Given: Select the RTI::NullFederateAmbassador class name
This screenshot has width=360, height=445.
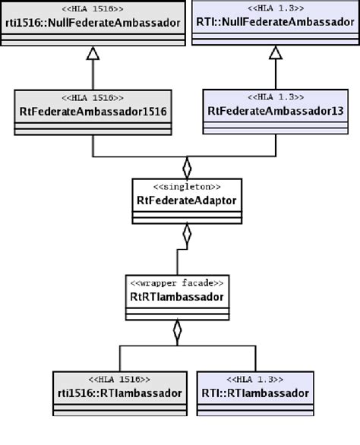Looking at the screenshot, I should (275, 23).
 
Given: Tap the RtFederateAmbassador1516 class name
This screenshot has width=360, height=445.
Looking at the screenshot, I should (92, 111).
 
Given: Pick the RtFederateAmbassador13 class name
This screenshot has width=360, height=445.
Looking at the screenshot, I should (275, 111).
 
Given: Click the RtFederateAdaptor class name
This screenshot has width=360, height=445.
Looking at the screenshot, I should (187, 201).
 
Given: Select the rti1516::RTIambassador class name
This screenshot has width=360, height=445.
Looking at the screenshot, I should (118, 393).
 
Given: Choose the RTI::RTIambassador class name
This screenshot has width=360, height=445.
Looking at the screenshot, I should (255, 393).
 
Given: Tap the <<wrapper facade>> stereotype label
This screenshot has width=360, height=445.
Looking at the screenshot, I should (177, 283).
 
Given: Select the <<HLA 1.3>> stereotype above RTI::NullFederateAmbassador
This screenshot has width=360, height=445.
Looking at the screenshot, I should (275, 8).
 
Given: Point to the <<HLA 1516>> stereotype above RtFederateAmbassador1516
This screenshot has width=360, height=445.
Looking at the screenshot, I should (92, 97).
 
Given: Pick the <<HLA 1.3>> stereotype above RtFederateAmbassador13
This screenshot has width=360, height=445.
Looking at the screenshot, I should (275, 97).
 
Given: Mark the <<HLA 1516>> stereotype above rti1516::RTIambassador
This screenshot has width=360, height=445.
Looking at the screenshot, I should (118, 379).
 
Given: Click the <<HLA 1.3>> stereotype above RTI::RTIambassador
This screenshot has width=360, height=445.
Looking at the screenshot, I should (255, 379).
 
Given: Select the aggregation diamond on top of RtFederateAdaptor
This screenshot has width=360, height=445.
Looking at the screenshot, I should (187, 167).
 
